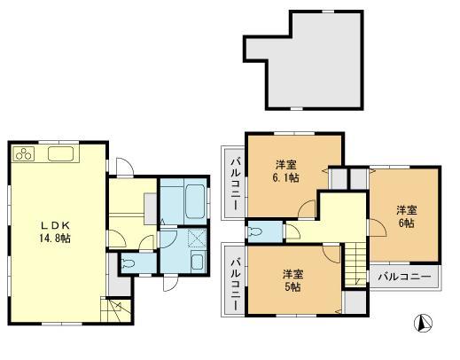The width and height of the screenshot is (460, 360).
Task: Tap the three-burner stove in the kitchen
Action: tap(23, 155)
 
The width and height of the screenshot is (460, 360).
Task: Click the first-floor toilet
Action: tap(127, 262)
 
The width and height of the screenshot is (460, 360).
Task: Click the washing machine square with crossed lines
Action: tap(190, 238)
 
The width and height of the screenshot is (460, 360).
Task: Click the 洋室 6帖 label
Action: tap(407, 215)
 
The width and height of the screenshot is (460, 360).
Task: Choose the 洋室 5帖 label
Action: tap(292, 279)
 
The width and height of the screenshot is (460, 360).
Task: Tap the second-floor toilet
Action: tap(258, 232)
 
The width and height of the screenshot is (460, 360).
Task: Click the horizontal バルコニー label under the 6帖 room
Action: tap(404, 276)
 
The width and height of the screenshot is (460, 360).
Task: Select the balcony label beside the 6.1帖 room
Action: tap(235, 183)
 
